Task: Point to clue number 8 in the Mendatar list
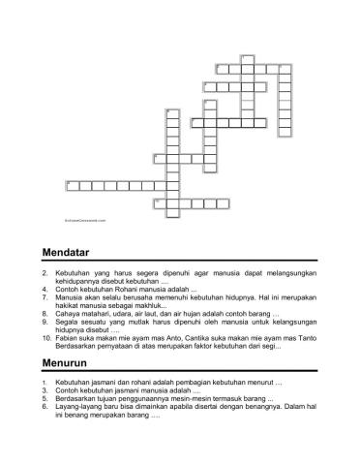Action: tap(45, 313)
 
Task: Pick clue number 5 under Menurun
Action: tap(45, 398)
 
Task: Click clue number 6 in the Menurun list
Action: tap(45, 407)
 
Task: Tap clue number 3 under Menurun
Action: tap(45, 390)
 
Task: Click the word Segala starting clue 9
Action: tap(67, 321)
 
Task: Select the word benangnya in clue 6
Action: tap(262, 407)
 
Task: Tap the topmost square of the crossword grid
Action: tap(246, 58)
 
